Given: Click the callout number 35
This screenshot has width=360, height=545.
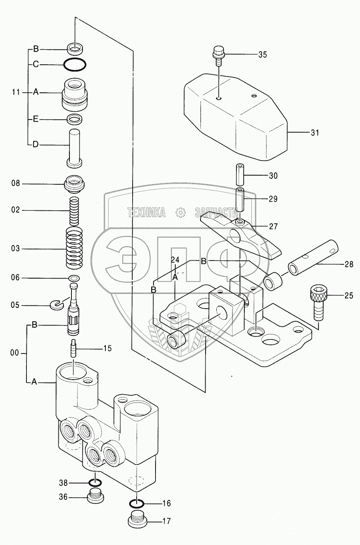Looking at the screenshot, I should point(262,54).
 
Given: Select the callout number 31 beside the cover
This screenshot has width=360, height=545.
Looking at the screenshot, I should point(314,133).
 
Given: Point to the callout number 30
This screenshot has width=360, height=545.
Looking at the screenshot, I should point(273,176).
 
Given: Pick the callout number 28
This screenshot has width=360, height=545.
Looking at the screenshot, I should point(349,264).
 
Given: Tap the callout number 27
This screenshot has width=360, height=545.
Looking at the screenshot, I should point(273,227).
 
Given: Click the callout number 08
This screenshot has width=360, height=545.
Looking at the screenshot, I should point(15,184).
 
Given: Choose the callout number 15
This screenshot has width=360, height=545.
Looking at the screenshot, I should point(107,348).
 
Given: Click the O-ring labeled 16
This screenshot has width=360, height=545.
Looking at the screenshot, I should point(136,503).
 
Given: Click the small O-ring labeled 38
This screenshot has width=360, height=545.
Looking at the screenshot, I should point(95,483).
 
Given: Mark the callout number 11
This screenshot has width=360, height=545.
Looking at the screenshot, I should point(16,92).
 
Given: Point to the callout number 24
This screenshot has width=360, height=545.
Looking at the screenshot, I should point(175,260).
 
